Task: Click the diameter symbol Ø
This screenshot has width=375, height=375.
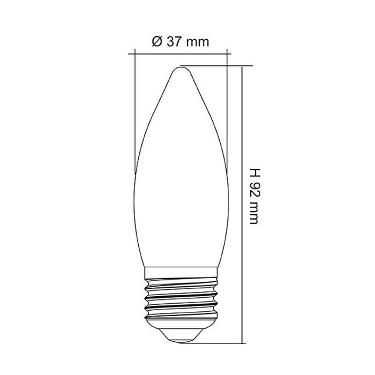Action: click(x=157, y=42)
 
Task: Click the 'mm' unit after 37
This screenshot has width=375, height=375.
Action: click(x=198, y=43)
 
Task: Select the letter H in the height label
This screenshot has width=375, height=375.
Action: click(x=254, y=172)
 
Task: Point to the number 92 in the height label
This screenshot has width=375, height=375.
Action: click(x=254, y=190)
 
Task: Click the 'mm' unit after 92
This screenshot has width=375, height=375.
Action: click(x=254, y=213)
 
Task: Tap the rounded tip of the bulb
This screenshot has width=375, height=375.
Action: click(x=182, y=69)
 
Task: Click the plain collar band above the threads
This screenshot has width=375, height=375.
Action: click(x=182, y=272)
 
